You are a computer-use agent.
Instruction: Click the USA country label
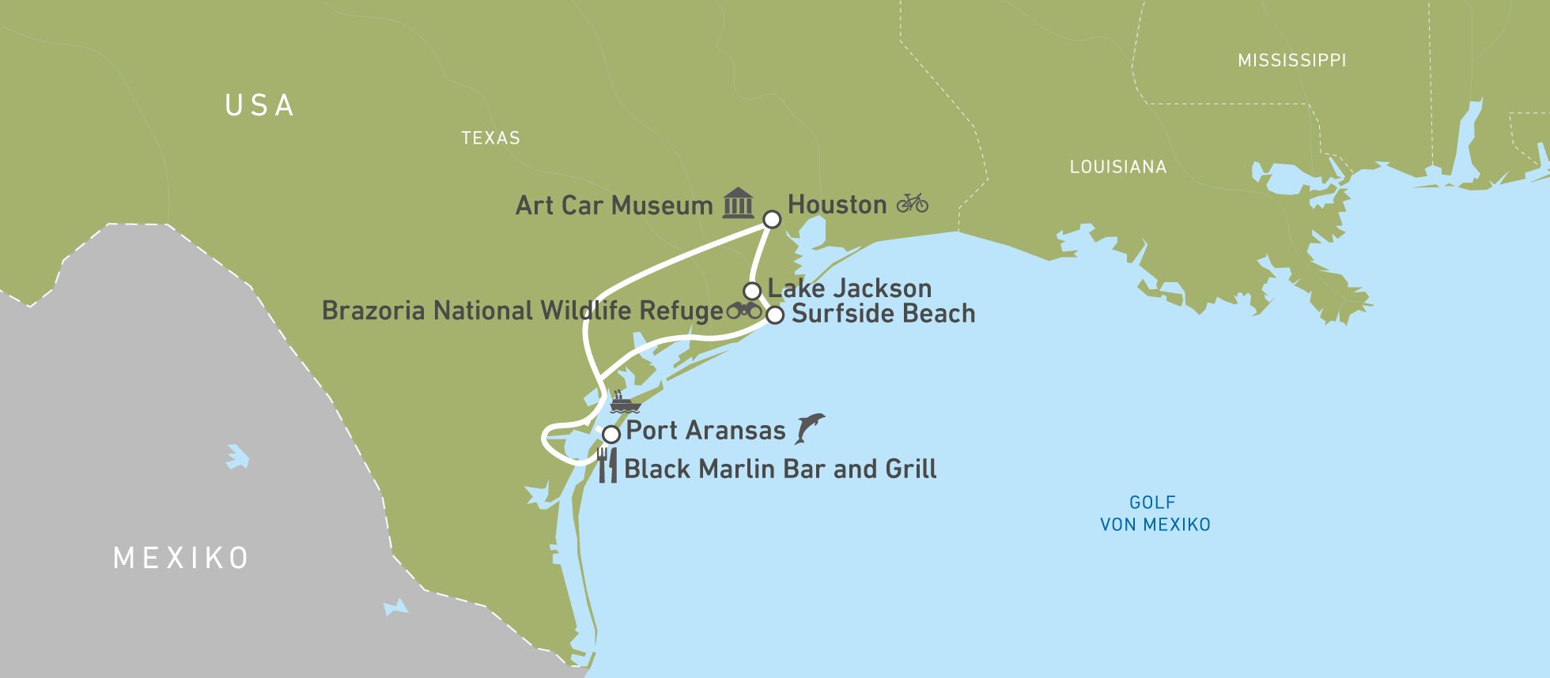(x=259, y=106)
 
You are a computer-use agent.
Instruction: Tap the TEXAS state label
(x=490, y=138)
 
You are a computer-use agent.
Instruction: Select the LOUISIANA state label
(x=1117, y=167)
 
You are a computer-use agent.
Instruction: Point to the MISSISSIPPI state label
(x=1291, y=60)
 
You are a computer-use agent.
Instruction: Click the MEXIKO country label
(x=181, y=558)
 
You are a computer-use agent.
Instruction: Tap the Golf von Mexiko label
(x=1155, y=513)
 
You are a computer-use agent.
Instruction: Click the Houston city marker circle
(x=771, y=219)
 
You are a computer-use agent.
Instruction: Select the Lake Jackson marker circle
(x=752, y=291)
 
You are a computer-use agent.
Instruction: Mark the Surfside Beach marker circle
(x=775, y=315)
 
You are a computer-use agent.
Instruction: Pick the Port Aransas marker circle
(x=611, y=435)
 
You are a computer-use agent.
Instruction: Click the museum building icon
(x=738, y=203)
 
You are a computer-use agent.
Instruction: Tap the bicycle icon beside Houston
(x=912, y=203)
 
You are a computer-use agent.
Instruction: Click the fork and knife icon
(x=607, y=465)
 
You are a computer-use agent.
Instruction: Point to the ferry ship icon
(x=623, y=403)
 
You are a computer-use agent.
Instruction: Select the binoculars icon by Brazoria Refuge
(x=743, y=310)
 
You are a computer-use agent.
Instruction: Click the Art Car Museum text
(x=614, y=205)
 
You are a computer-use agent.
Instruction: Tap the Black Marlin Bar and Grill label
(x=780, y=469)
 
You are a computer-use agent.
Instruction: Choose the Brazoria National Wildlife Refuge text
(x=522, y=311)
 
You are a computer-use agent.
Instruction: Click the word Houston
(x=837, y=205)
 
